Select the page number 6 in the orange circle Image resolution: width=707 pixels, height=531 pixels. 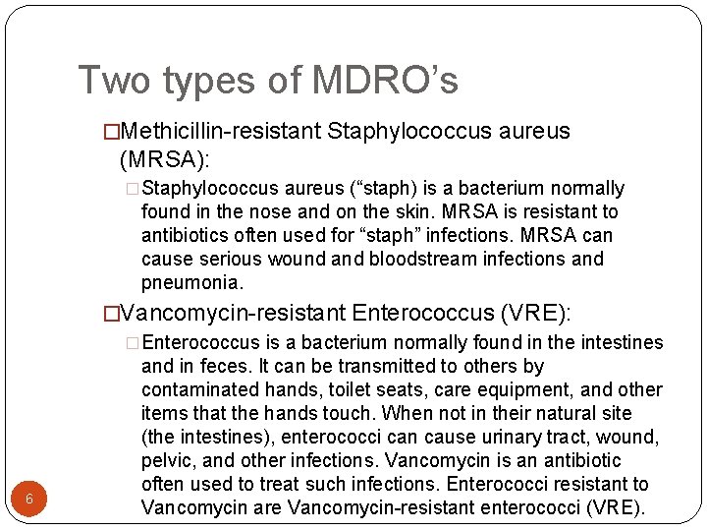click(x=29, y=499)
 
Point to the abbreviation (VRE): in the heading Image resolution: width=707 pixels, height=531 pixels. click(x=535, y=313)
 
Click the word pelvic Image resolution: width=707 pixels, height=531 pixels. click(x=167, y=460)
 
